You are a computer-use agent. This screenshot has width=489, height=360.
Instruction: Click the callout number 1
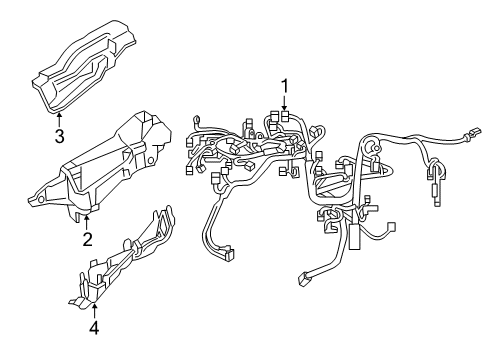(x=285, y=86)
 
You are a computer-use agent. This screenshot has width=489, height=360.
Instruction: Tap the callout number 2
(x=87, y=239)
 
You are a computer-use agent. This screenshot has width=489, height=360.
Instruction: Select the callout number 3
(x=59, y=136)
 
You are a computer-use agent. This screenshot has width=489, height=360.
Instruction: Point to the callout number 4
(x=94, y=328)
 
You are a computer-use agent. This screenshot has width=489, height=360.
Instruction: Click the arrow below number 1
(x=284, y=102)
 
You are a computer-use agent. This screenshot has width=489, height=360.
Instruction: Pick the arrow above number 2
(x=87, y=222)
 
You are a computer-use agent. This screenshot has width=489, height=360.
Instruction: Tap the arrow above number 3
(x=59, y=120)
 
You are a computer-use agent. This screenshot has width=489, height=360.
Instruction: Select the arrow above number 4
(x=95, y=311)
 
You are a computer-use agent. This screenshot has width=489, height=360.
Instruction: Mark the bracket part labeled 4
(x=123, y=257)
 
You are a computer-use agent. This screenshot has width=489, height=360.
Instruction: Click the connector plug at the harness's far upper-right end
(x=474, y=132)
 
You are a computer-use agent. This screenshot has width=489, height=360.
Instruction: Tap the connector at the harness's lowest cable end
(x=302, y=279)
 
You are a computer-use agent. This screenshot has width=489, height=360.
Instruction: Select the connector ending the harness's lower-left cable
(x=230, y=254)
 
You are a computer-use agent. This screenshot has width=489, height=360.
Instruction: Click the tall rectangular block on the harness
(x=354, y=236)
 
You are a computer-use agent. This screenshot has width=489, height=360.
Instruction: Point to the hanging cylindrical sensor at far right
(x=437, y=194)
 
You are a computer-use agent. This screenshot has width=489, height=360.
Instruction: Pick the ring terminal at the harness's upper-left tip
(x=196, y=120)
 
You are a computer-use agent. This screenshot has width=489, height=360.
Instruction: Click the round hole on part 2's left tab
(x=40, y=199)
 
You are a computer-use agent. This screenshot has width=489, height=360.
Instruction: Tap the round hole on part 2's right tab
(x=150, y=161)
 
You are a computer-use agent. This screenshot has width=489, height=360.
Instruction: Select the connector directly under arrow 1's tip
(x=285, y=116)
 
